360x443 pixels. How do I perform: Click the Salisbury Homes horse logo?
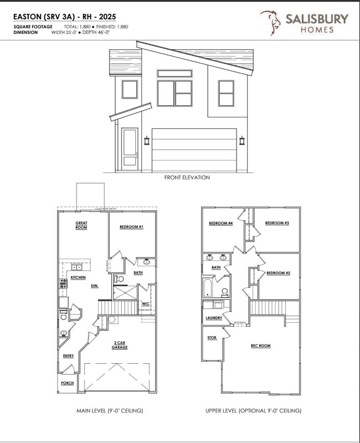point(273,23)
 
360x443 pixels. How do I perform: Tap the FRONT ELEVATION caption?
point(180,178)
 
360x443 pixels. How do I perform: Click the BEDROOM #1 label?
point(132,227)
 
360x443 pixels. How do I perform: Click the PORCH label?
point(67,383)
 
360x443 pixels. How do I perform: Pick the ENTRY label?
point(68,356)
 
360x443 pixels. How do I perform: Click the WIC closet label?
point(145,303)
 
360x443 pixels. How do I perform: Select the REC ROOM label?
point(260,346)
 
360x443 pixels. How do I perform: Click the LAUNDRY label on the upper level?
point(214,318)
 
